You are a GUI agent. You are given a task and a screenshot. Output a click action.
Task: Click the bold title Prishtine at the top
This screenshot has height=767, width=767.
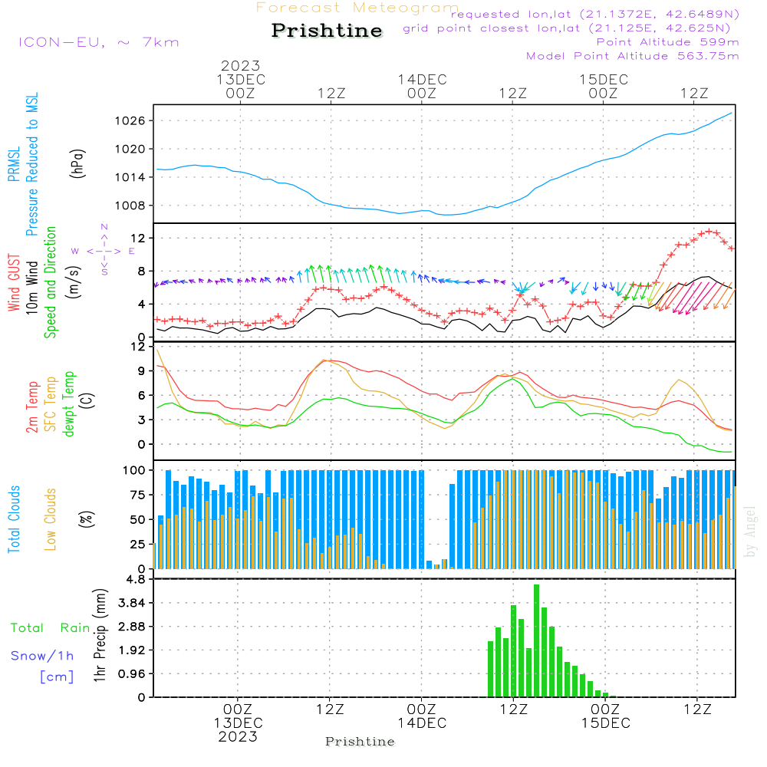point(327,31)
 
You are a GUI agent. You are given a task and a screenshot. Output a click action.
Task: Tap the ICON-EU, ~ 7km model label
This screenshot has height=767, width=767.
point(99,42)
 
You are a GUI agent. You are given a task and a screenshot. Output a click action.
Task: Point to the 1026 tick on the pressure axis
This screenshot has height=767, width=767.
point(130,121)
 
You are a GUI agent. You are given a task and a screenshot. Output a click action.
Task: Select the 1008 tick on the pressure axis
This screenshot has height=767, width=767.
point(130,206)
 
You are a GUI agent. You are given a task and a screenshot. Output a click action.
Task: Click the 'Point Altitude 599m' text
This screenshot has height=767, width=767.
point(668,42)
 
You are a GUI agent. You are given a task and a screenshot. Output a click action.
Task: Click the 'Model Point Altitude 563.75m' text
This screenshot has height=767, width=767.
point(633,56)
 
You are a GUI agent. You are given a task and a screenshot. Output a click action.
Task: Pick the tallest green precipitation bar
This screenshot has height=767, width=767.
point(537,640)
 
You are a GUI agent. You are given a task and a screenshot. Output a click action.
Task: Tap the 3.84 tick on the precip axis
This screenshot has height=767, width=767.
point(132,603)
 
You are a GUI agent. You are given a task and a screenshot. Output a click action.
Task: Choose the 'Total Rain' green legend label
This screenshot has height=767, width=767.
point(51,627)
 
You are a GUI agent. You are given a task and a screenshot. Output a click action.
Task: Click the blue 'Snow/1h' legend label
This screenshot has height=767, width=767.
point(42,656)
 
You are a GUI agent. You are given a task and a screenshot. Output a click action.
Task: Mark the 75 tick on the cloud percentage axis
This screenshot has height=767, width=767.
point(137,495)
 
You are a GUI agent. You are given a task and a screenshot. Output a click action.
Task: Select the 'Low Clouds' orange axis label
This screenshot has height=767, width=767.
point(50,519)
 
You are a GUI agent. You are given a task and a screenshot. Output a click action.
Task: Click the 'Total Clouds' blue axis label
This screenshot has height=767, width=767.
point(14,519)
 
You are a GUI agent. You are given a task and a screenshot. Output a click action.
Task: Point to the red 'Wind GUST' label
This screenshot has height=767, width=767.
point(14,282)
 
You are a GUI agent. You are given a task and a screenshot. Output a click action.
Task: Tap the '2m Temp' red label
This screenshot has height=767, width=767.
point(31,407)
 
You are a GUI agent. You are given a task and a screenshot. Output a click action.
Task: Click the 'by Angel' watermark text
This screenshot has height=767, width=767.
point(750,532)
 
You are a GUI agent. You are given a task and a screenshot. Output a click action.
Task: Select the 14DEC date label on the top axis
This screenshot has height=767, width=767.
point(422,80)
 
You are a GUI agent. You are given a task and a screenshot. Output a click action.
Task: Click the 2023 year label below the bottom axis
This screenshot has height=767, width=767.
point(238,736)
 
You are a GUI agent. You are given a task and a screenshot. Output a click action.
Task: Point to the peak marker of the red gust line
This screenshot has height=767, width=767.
point(709,232)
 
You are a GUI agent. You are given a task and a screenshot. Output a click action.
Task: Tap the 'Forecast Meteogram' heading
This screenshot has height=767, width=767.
point(357,8)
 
